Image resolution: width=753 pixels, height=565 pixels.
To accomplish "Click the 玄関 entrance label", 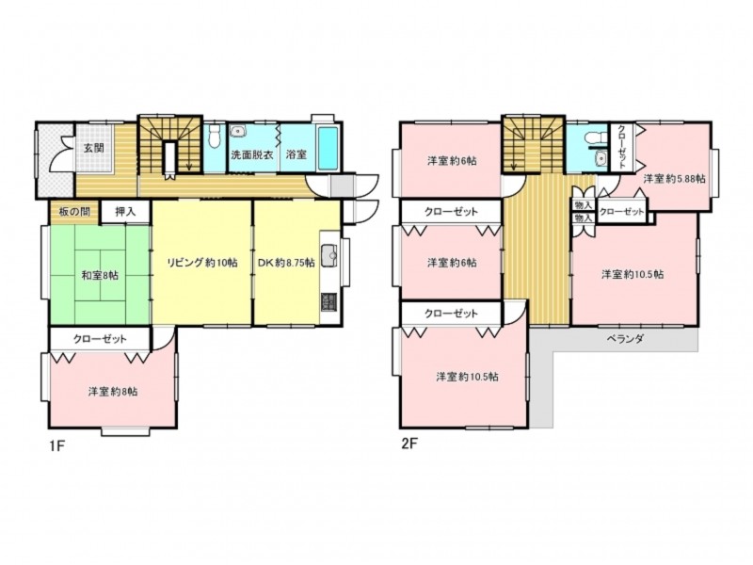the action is (94, 148).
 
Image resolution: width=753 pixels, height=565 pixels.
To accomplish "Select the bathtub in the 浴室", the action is (328, 149).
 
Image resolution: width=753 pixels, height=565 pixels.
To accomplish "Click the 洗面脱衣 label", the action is (252, 154).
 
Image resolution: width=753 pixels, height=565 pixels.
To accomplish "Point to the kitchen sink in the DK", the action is (329, 253).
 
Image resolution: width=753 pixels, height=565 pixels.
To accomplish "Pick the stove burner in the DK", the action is (329, 302).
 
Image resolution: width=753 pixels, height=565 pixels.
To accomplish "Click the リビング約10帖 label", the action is (201, 263).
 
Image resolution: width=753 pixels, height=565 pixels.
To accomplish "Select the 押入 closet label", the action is (125, 211).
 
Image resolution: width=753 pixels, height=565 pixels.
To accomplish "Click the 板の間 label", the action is (74, 210).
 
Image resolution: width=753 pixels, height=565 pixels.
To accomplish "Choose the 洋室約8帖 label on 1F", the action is (113, 392).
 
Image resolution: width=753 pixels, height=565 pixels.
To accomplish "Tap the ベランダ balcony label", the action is (625, 338).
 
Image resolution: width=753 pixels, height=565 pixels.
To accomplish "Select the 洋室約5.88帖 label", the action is (674, 179).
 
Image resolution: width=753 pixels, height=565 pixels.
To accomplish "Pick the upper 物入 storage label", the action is (583, 205).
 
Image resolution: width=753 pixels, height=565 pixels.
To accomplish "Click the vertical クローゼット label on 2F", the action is (621, 147).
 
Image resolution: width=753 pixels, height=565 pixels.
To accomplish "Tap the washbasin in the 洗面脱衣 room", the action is (237, 131).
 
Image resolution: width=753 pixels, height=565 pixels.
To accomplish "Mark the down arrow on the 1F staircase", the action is (189, 154).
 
